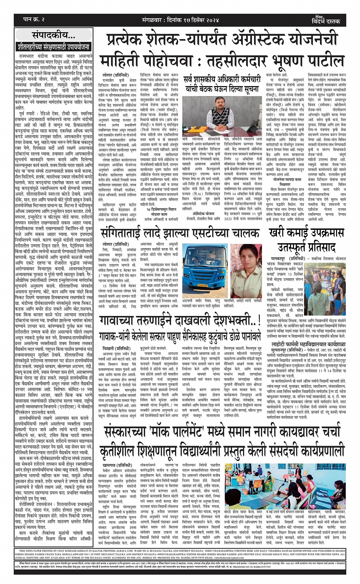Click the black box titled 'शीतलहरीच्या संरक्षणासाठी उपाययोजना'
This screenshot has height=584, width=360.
[x=54, y=47]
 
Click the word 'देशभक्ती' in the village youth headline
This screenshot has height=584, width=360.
[x=216, y=321]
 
